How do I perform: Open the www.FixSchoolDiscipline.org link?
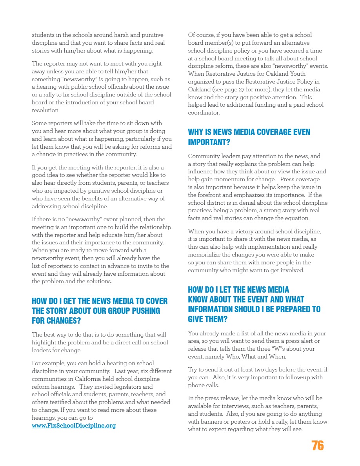pyautogui.click(x=74, y=426)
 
